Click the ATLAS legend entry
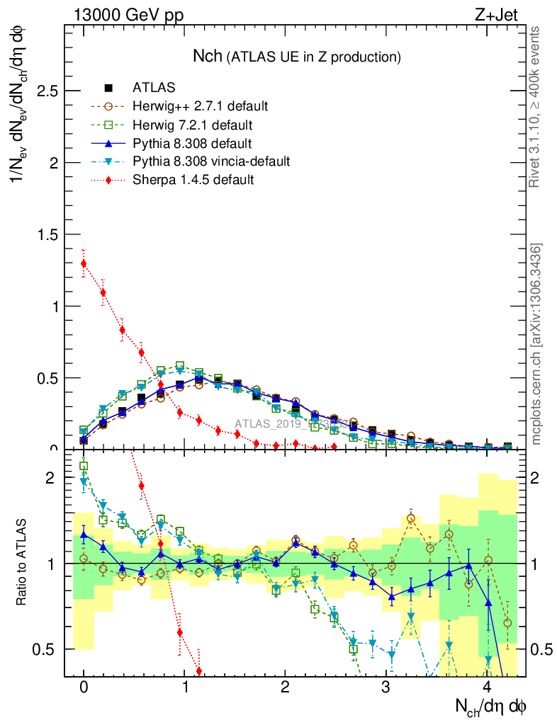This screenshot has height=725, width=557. pos(153,89)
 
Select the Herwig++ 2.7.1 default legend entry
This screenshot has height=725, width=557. pos(199,107)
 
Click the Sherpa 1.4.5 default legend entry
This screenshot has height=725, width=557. pos(193,180)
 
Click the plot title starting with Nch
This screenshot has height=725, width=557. pos(297,57)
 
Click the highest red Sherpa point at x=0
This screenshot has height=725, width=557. pos(84,264)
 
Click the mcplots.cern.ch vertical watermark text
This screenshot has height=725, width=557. pos(536,343)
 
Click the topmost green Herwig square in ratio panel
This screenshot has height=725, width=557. pos(84,466)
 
